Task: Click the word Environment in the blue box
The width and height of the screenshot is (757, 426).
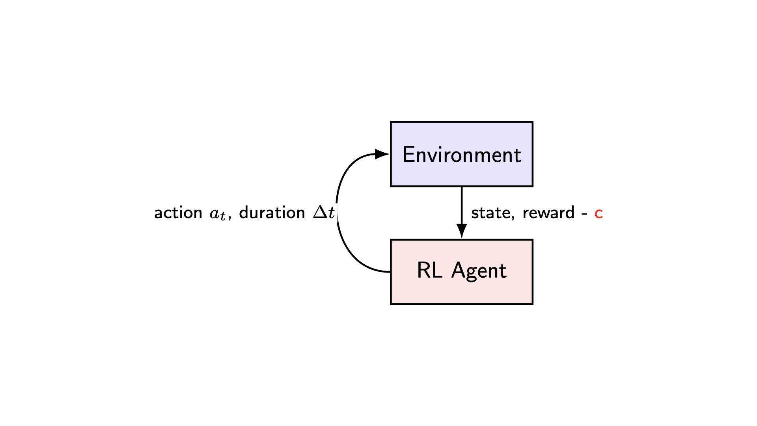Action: [461, 155]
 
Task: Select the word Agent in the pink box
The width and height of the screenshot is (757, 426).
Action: [479, 271]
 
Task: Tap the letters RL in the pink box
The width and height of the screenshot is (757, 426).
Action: [429, 271]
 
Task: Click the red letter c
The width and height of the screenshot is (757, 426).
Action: [599, 213]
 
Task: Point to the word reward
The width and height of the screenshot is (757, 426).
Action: [548, 213]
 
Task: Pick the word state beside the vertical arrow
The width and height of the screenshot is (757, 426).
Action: [490, 213]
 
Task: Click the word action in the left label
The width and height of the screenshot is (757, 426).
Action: [178, 213]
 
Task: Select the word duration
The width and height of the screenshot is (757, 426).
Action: [272, 213]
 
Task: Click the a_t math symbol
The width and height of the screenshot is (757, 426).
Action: [218, 214]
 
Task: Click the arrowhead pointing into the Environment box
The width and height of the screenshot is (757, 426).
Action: [382, 154]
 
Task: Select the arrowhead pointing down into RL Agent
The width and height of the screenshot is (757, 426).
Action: [462, 231]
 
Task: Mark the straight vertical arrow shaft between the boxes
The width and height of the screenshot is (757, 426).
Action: [462, 205]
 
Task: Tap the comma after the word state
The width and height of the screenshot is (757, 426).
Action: [513, 218]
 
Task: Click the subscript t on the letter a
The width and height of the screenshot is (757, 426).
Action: [223, 217]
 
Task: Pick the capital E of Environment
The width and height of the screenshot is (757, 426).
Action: [408, 154]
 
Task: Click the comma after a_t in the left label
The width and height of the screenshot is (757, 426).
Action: [229, 218]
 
